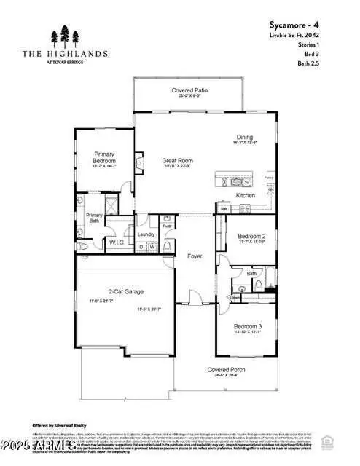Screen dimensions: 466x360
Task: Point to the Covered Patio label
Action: point(189,91)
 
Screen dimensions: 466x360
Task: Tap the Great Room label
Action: point(178,161)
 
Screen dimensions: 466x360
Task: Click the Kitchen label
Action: point(245,196)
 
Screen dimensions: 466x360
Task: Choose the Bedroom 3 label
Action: point(247,327)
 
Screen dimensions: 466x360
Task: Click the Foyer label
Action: point(195,256)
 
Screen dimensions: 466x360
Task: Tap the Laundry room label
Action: point(146,234)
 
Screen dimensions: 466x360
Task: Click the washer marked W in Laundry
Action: point(152,247)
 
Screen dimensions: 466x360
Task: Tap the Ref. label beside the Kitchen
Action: point(224,209)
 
